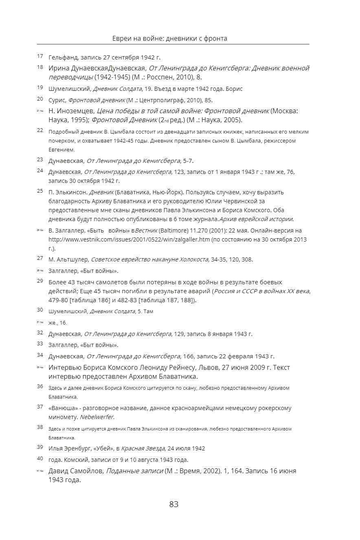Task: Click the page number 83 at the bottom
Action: point(174,504)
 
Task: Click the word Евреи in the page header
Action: point(121,39)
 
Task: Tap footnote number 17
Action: point(40,56)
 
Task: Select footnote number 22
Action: point(40,130)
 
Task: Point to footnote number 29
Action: point(40,281)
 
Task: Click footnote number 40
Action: point(40,458)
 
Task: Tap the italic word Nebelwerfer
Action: point(97,417)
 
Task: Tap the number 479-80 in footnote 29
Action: point(59,301)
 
